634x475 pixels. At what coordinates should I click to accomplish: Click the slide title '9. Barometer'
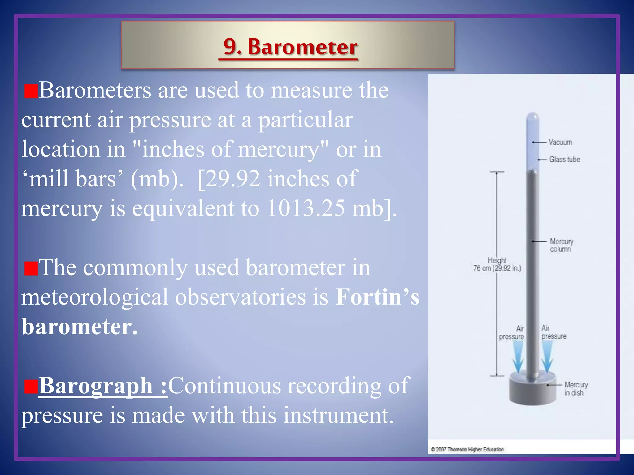[x=290, y=47]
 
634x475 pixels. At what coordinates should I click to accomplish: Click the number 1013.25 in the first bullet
[x=306, y=208]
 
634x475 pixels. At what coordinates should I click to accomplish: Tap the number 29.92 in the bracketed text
[x=232, y=179]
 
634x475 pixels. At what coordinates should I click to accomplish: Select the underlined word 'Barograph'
[x=95, y=386]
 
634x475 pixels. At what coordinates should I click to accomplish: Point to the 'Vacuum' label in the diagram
[x=560, y=142]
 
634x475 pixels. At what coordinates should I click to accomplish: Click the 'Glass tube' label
[x=564, y=160]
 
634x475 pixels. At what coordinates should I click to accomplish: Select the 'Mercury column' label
[x=562, y=245]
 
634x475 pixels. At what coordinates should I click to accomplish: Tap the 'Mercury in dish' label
[x=576, y=389]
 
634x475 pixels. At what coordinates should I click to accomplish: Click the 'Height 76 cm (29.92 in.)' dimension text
[x=497, y=264]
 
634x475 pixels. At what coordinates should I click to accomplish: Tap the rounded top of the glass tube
[x=532, y=118]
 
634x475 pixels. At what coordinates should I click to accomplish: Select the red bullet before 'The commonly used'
[x=31, y=268]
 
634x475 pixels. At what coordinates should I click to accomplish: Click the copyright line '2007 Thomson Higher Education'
[x=467, y=450]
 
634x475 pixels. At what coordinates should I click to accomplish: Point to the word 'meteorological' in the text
[x=94, y=297]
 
